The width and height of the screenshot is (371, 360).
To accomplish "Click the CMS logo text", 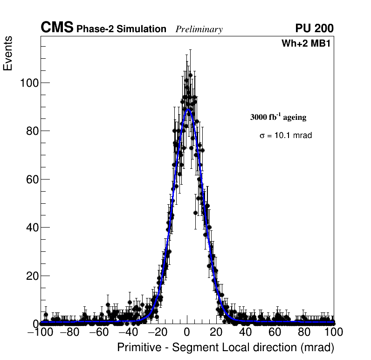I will [57, 28].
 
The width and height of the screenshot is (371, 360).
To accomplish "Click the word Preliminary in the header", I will [199, 29].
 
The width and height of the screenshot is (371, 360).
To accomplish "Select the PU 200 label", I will [314, 28].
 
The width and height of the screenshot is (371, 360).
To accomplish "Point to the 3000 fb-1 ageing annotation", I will [278, 117].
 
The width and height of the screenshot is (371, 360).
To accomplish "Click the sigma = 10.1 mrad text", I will [285, 136].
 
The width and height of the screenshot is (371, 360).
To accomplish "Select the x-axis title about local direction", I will [226, 347].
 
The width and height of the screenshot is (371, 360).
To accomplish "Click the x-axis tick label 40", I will [246, 332].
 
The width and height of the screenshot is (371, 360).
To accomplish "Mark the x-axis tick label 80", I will [304, 332].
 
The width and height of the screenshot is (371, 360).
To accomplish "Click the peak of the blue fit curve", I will [188, 110].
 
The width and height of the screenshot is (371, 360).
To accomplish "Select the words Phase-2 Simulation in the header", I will [121, 29].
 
